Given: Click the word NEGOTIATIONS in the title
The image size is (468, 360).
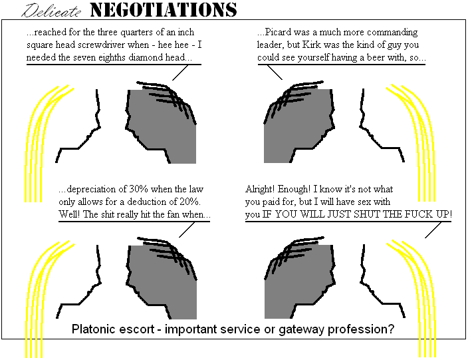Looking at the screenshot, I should pyautogui.click(x=163, y=10).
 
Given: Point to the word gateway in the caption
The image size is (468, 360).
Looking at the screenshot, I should pyautogui.click(x=306, y=329).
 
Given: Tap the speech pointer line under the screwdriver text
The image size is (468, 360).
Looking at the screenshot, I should pyautogui.click(x=179, y=73).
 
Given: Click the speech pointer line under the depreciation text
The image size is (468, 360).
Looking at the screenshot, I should pyautogui.click(x=187, y=230).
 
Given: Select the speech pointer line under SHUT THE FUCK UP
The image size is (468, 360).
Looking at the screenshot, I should pyautogui.click(x=433, y=230).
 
